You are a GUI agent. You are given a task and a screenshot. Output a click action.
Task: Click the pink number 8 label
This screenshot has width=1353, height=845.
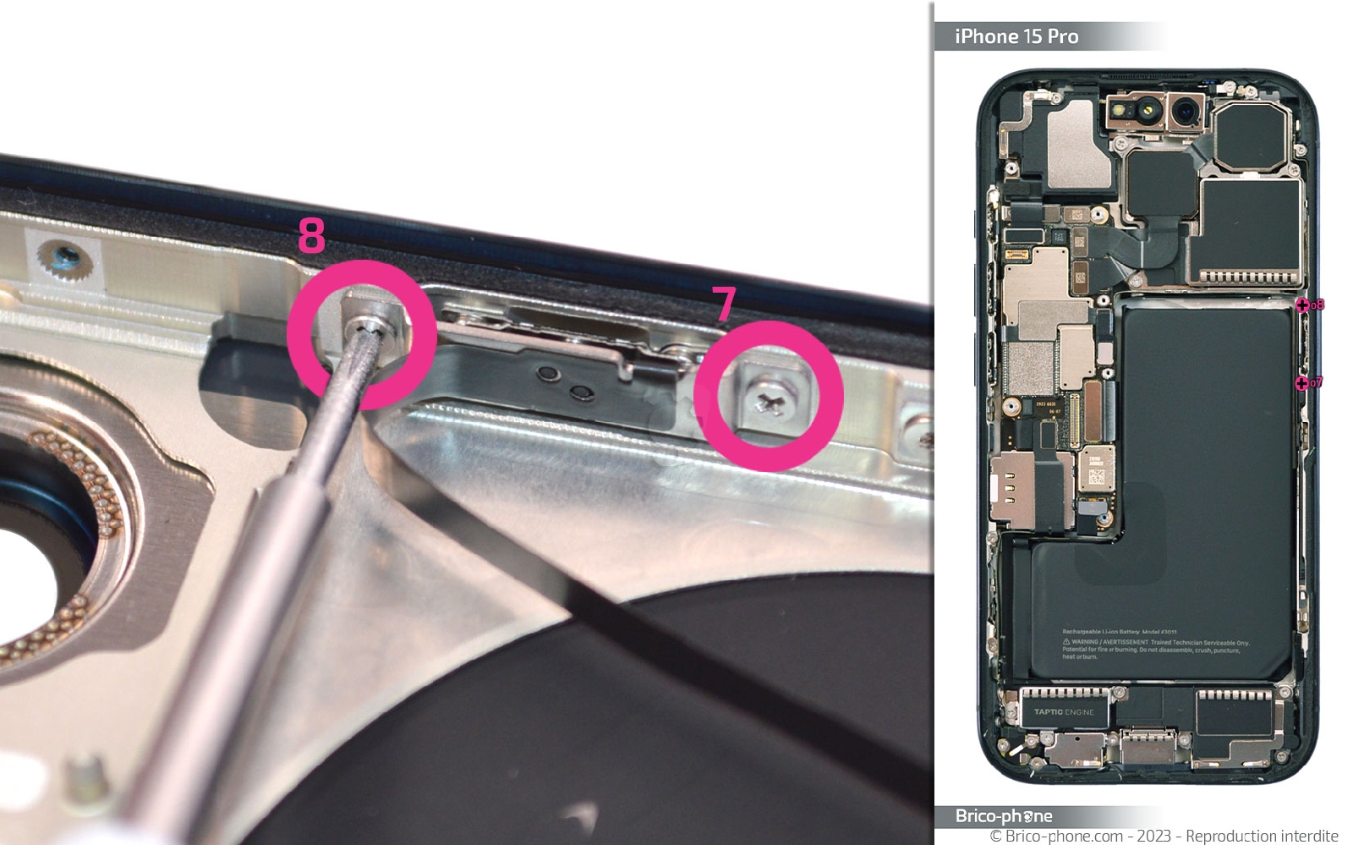[311, 235]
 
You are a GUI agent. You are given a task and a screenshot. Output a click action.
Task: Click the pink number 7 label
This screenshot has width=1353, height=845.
[724, 303]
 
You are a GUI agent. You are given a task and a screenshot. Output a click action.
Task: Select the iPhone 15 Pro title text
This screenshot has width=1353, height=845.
[1016, 36]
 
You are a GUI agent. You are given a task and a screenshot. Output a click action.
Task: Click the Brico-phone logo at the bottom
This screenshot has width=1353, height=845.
[1003, 815]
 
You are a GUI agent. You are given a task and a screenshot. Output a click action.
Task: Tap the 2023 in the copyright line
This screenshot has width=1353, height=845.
[1153, 836]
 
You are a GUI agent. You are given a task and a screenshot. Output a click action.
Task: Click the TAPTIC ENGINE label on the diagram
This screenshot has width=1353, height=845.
[1064, 711]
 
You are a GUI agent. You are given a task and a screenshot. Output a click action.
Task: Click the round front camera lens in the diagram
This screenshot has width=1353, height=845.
[1187, 110]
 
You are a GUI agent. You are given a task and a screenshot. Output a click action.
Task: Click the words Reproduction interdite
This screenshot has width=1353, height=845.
[1261, 836]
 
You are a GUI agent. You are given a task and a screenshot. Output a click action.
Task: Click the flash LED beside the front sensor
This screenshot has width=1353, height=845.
[1121, 111]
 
